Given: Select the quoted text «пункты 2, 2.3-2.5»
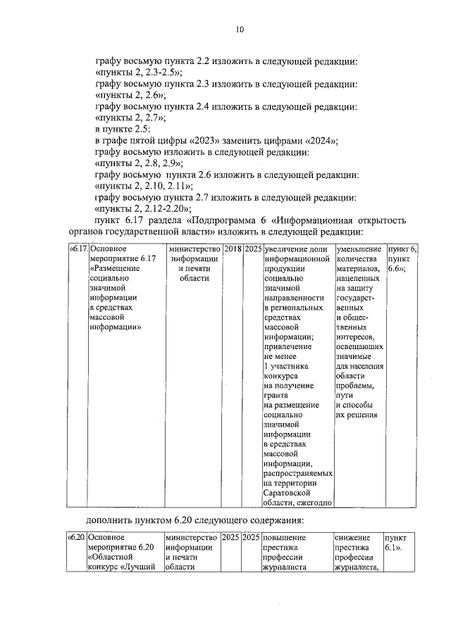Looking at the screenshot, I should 139,72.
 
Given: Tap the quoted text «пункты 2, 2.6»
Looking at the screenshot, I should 130,95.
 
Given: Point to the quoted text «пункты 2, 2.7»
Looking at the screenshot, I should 130,118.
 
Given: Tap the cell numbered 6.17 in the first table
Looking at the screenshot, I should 78,249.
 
